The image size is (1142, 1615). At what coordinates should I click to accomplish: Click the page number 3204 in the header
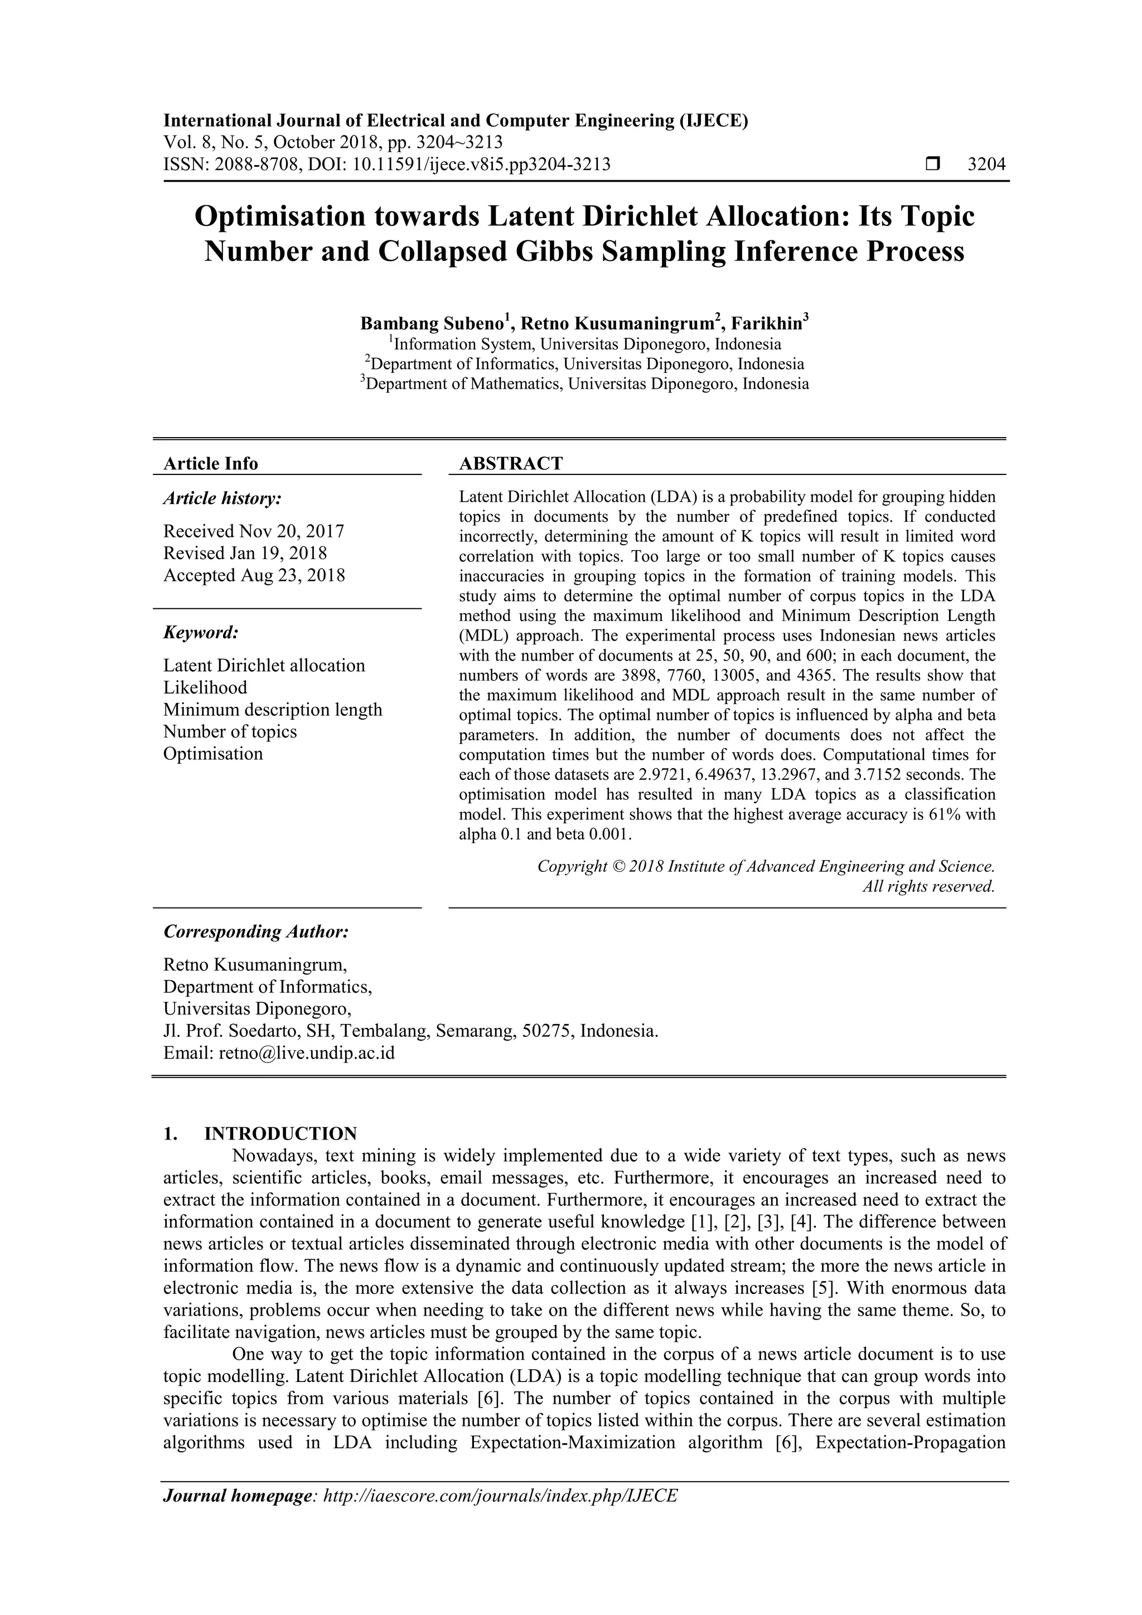[986, 164]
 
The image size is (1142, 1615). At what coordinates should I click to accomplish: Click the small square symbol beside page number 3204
[932, 164]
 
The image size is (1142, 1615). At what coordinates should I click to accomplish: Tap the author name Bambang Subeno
[432, 323]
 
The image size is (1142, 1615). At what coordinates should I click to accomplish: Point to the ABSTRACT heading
[511, 463]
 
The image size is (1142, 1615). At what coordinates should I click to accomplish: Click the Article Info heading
[210, 463]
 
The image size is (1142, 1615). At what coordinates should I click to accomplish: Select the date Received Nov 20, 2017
[253, 531]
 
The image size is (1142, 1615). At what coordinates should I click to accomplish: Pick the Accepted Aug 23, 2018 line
[254, 575]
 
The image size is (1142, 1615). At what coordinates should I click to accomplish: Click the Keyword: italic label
[201, 632]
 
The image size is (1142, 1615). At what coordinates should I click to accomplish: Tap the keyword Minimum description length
[272, 710]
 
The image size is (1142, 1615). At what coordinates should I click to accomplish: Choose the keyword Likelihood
[205, 688]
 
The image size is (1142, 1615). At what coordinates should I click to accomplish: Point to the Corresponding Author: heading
[256, 932]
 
